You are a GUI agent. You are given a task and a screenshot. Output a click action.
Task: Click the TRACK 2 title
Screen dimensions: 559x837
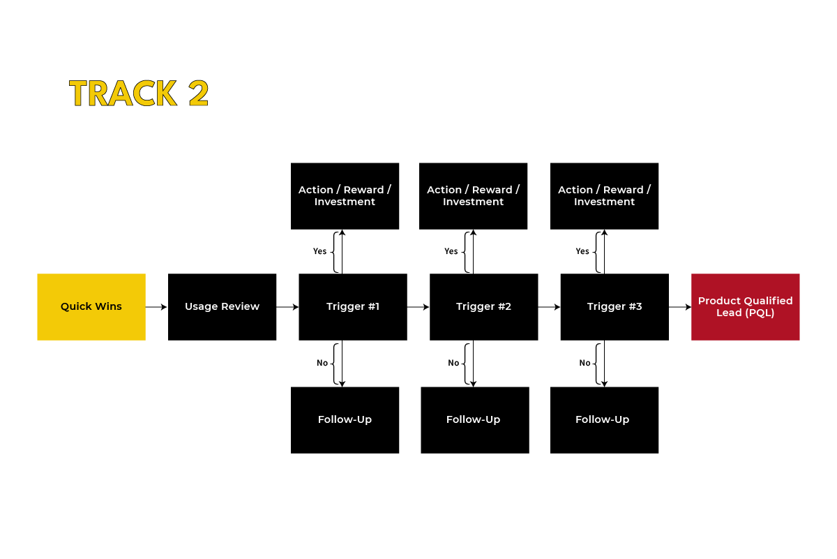click(139, 94)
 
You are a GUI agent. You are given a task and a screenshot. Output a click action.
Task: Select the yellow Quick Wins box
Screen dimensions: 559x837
click(91, 306)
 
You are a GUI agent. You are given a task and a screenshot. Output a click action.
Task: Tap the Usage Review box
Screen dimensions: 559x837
click(222, 306)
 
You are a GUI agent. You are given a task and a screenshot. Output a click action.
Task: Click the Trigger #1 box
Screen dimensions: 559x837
click(353, 306)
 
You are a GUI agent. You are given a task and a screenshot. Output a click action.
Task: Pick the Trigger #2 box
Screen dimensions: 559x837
click(483, 306)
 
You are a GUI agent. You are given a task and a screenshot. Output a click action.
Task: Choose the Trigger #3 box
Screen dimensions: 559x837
click(614, 306)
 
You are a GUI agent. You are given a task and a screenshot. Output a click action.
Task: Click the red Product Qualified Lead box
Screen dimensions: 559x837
click(745, 306)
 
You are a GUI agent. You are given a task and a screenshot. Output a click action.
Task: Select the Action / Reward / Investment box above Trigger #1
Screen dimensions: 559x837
click(345, 195)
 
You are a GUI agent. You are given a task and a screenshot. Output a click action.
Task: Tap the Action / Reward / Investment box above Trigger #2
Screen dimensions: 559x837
click(473, 195)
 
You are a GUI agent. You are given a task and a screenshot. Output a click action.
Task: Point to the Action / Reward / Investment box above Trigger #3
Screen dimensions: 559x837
click(604, 195)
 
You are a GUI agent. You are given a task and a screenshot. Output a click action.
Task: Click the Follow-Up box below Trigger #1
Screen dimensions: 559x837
click(345, 419)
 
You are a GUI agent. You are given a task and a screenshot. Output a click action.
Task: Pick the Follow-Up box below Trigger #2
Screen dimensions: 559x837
click(474, 419)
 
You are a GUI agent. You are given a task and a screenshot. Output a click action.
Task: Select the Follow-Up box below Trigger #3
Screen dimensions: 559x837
click(604, 419)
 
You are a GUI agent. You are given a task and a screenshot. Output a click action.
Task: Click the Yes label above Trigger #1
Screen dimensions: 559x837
click(319, 251)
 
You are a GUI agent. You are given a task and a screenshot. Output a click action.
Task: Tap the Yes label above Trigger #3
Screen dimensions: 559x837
click(582, 251)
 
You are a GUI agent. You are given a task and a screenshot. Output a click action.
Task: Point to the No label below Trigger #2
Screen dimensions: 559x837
click(453, 363)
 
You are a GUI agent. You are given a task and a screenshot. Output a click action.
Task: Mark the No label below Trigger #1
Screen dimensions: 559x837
click(322, 363)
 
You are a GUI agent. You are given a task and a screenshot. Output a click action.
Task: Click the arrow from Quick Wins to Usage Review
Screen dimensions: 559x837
click(156, 306)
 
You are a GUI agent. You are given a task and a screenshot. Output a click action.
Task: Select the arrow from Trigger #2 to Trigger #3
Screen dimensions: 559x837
click(549, 306)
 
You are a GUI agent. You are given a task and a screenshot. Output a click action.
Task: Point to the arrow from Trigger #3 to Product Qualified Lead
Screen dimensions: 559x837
click(680, 306)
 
